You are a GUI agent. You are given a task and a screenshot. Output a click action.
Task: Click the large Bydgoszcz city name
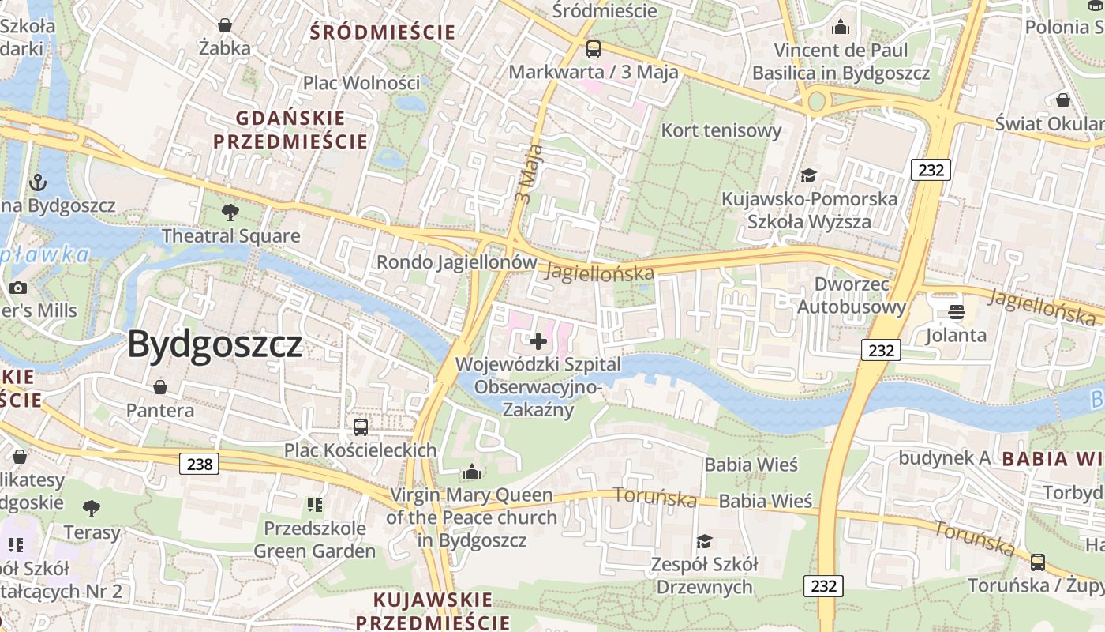click(215, 345)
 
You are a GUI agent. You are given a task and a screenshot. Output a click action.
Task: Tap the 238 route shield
click(200, 464)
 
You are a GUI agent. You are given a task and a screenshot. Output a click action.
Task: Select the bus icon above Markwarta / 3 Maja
click(593, 49)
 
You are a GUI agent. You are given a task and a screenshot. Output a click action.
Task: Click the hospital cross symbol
click(538, 341)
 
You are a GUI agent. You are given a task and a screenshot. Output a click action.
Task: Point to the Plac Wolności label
click(361, 83)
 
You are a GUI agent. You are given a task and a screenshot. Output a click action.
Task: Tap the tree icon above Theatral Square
click(230, 212)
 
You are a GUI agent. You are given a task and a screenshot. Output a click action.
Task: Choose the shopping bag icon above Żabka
click(225, 25)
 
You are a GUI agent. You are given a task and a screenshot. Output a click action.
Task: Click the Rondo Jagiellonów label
click(457, 262)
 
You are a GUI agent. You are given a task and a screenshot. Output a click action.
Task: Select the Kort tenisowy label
click(721, 130)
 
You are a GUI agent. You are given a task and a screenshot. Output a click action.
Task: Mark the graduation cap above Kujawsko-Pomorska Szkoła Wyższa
click(808, 175)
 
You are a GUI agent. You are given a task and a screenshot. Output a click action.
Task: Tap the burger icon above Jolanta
click(957, 312)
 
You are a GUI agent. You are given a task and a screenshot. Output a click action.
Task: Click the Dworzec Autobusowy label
click(852, 295)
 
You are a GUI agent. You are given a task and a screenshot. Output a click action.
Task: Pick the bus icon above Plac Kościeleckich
click(361, 427)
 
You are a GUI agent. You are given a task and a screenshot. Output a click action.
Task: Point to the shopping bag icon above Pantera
click(160, 386)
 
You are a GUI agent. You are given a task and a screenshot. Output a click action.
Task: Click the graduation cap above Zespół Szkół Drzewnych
click(703, 541)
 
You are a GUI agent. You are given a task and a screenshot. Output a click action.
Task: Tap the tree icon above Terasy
click(92, 508)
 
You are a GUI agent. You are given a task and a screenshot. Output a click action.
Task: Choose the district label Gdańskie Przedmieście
click(290, 130)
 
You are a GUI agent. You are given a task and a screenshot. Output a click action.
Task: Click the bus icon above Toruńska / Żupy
click(1037, 562)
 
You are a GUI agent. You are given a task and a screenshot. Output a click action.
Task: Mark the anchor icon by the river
click(37, 183)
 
